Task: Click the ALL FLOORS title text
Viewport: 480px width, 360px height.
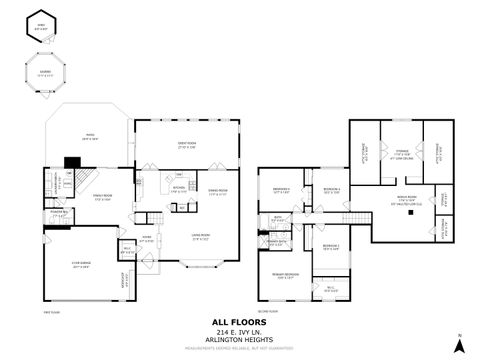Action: tap(239, 322)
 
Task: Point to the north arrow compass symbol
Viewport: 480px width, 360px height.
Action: tap(459, 345)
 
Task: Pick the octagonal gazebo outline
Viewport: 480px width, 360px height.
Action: tap(39, 73)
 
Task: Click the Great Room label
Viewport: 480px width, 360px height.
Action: tap(186, 146)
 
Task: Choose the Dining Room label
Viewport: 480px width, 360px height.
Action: tap(218, 191)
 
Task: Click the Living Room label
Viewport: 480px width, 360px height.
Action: tap(200, 236)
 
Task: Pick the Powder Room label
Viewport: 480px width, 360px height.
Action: tap(57, 214)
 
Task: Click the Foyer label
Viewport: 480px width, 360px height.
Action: tap(146, 238)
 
